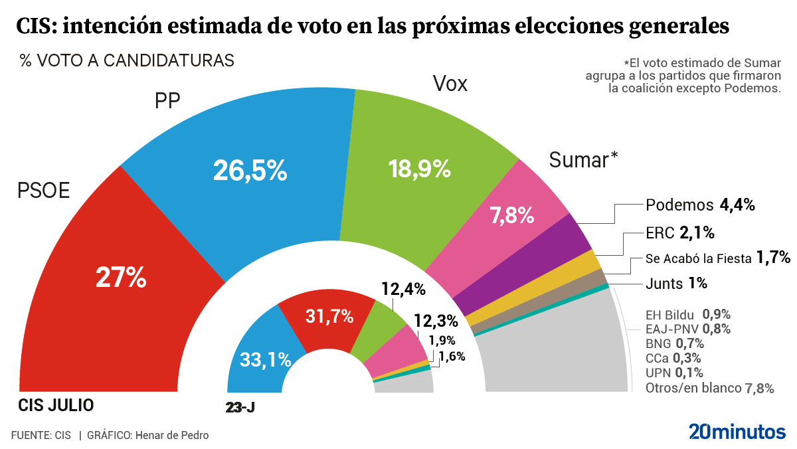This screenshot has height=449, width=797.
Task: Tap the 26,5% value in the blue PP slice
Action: click(x=250, y=171)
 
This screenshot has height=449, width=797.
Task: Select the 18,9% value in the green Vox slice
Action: click(x=420, y=169)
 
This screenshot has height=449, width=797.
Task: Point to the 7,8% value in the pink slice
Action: click(x=512, y=215)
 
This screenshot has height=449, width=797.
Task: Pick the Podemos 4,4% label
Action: click(x=700, y=205)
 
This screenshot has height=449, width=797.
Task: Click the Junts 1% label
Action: click(x=675, y=284)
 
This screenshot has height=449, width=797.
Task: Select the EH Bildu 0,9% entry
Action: click(x=683, y=314)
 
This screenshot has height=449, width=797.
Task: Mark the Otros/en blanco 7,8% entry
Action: click(x=709, y=389)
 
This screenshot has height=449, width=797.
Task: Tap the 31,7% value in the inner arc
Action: click(x=329, y=317)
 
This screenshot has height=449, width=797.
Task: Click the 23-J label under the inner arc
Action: click(x=240, y=407)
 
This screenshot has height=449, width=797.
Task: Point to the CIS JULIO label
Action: click(x=56, y=405)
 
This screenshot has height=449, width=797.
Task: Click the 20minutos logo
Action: click(x=737, y=432)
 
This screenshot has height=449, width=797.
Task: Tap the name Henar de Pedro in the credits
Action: click(x=171, y=436)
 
